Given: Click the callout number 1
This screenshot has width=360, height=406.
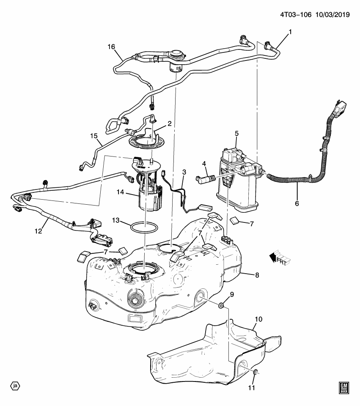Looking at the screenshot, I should tap(290, 32).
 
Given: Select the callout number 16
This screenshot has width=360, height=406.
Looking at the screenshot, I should tap(111, 47).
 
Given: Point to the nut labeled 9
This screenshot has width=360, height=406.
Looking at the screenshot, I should tap(221, 305).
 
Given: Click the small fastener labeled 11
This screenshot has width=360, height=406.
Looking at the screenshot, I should tap(256, 372).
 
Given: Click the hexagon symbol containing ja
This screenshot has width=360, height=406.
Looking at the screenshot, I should tap(15, 386).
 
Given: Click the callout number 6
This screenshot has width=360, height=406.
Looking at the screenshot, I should tap(297, 203).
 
